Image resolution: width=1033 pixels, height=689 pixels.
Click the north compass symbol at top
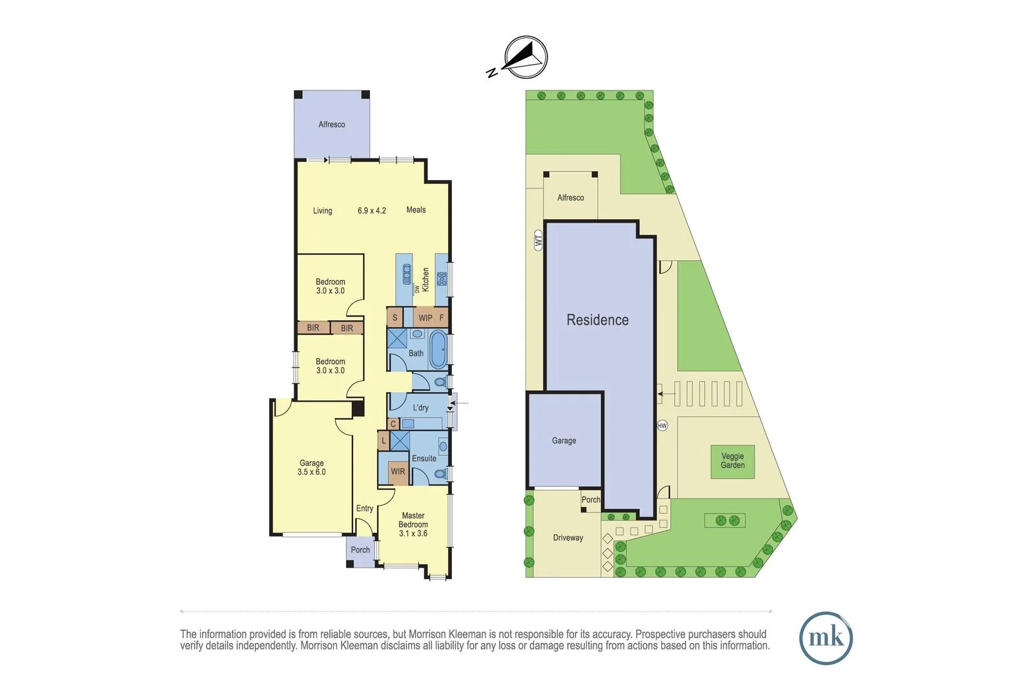[525, 57]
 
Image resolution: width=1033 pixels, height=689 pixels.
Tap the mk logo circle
[826, 638]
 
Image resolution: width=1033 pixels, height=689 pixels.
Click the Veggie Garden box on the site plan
[733, 461]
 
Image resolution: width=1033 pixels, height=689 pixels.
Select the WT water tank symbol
[538, 240]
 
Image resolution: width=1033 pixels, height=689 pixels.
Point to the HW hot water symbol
[662, 426]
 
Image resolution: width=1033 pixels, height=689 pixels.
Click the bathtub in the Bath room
[438, 349]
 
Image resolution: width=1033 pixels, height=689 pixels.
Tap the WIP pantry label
[425, 318]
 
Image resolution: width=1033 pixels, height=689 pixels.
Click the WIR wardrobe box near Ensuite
[398, 472]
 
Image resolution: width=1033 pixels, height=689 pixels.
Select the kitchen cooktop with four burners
[442, 279]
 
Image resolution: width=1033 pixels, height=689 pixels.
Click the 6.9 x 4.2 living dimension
[372, 211]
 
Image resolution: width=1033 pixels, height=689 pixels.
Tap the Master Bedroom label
[413, 520]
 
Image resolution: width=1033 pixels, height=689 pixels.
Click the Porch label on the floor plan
[360, 550]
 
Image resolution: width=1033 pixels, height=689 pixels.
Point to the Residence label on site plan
[597, 320]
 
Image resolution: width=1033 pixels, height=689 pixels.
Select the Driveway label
[568, 538]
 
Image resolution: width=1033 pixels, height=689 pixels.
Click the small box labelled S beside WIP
[395, 318]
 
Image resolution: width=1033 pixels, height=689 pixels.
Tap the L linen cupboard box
[384, 441]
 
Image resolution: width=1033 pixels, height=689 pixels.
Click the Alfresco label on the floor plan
[332, 125]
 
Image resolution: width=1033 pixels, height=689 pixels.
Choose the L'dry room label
[420, 407]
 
